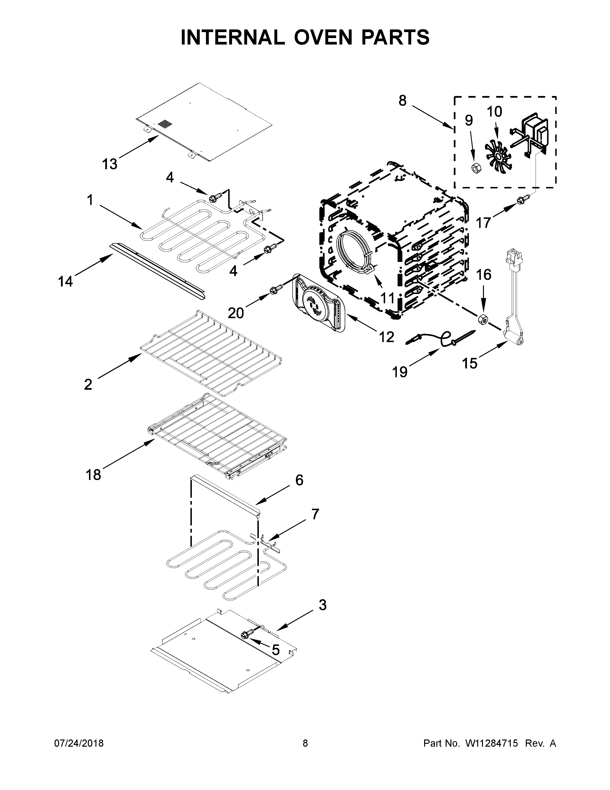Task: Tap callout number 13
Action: (x=110, y=164)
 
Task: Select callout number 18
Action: (x=93, y=474)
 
